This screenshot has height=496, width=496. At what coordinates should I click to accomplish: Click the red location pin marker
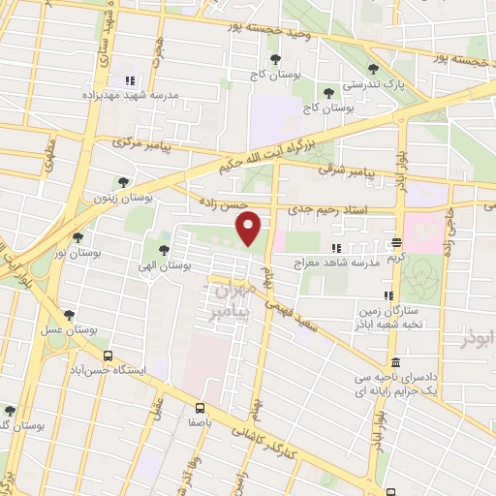(x=249, y=227)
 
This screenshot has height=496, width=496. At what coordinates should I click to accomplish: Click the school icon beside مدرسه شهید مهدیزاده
(x=129, y=78)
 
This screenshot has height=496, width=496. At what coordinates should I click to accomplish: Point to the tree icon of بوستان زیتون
(x=121, y=181)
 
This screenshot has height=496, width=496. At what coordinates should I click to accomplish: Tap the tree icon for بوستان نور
(x=77, y=237)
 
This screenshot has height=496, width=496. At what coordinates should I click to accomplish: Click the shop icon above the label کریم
(x=397, y=243)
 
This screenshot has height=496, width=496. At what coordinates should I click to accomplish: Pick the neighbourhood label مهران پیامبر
(x=231, y=301)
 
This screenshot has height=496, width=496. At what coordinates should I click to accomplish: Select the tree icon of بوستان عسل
(x=69, y=315)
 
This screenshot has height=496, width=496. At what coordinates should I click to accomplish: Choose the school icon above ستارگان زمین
(x=387, y=295)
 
